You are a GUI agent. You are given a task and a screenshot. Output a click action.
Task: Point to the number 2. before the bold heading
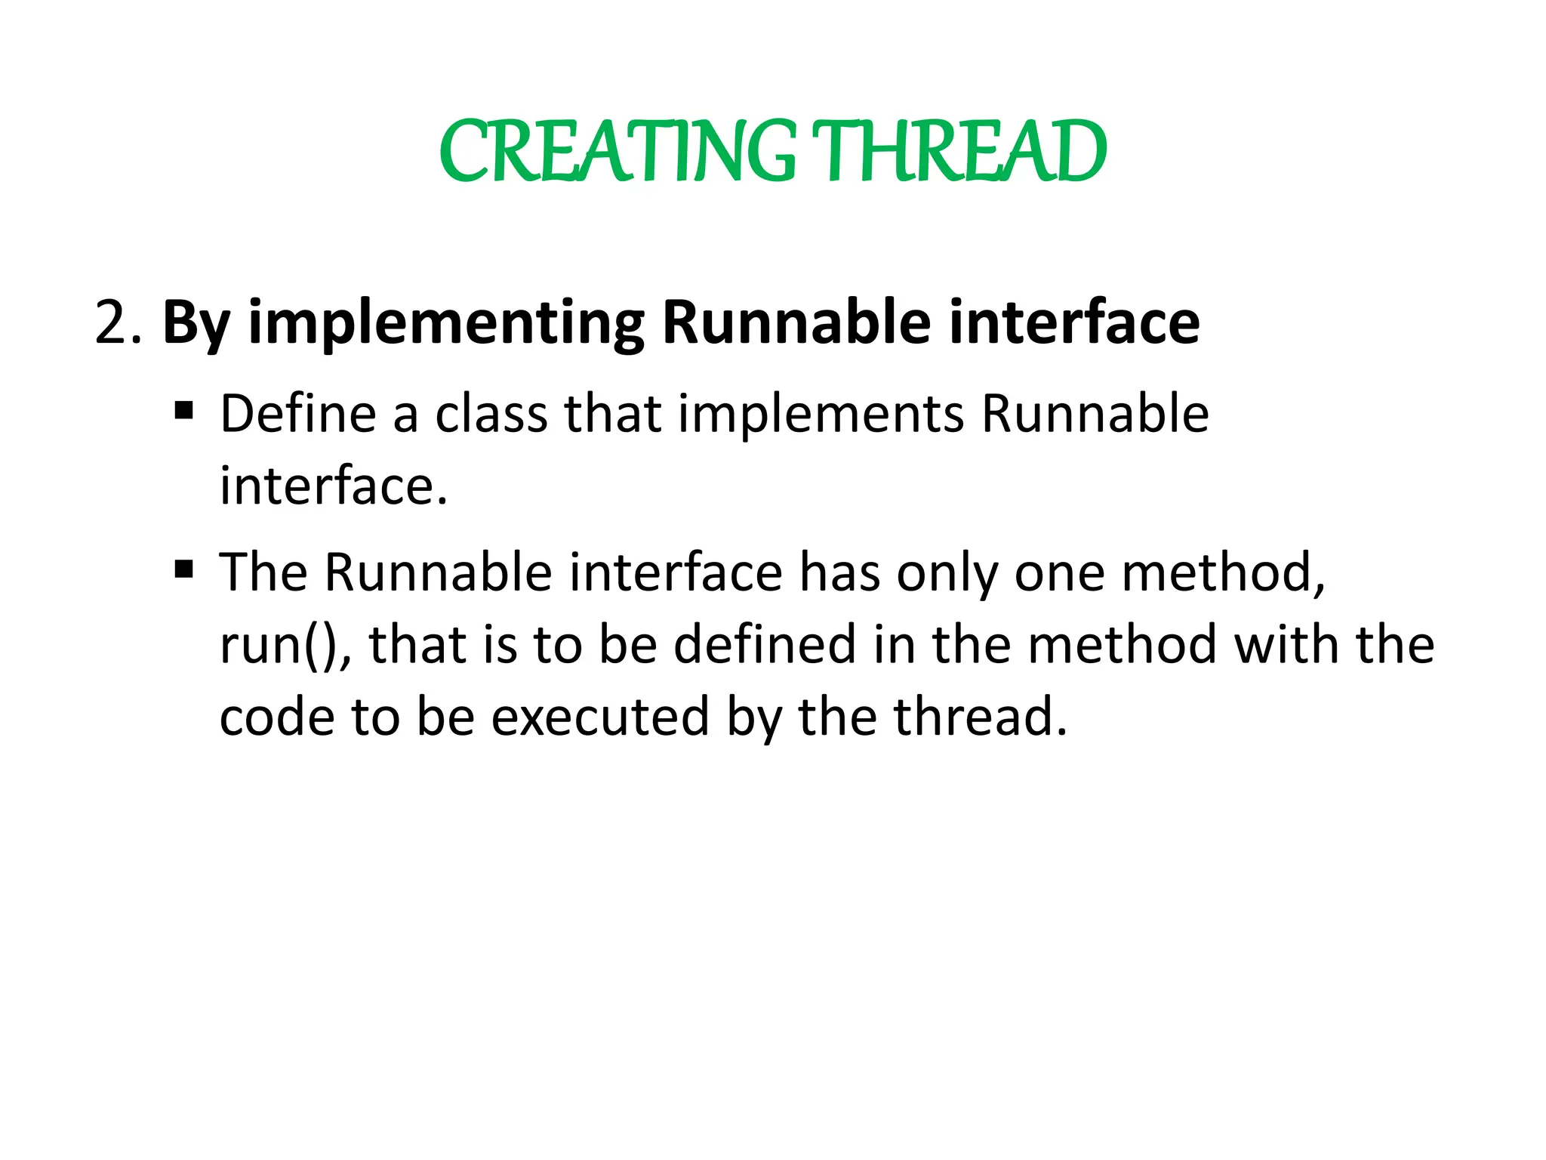click(x=118, y=323)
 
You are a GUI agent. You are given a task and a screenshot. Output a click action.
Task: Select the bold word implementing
click(x=445, y=323)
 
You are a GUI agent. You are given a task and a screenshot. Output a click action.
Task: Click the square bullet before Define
click(x=183, y=412)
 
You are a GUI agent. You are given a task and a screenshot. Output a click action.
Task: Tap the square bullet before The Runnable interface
click(x=183, y=569)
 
